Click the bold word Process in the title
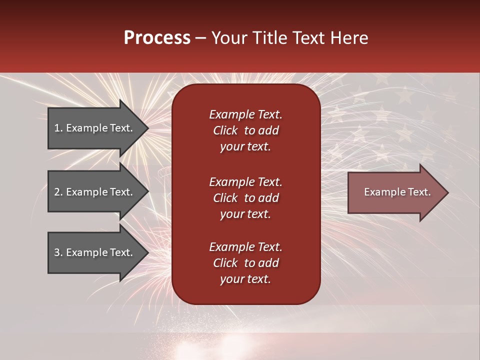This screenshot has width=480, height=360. tap(157, 38)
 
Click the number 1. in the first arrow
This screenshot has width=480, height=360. tap(58, 128)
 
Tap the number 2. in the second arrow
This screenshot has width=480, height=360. tap(58, 192)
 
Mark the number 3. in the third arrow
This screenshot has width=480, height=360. tap(58, 252)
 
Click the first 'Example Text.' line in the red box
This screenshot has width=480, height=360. tap(245, 114)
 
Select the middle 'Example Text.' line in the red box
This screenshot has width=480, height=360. tap(245, 182)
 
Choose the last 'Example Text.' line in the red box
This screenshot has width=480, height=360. tap(245, 247)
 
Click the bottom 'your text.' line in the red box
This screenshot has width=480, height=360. tap(245, 279)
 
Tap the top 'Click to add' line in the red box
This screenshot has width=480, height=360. tap(245, 130)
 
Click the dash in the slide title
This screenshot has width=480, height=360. tap(200, 38)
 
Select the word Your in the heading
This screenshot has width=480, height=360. tap(228, 38)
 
